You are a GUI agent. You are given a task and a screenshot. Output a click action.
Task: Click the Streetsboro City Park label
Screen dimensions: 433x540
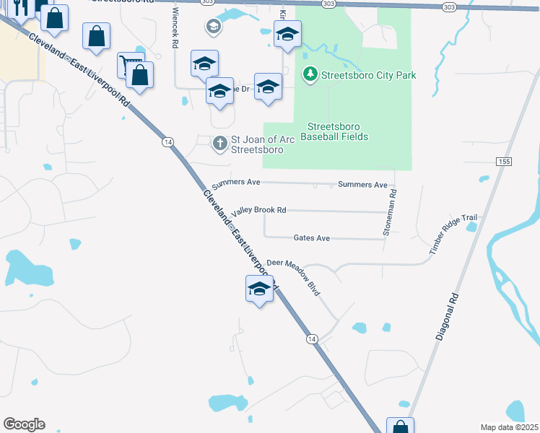(368, 75)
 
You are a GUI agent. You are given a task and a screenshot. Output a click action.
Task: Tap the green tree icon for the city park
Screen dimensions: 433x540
(310, 74)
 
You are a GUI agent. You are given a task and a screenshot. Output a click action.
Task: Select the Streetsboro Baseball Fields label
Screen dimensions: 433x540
(334, 131)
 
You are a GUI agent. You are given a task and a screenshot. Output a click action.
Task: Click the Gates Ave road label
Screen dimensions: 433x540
(311, 237)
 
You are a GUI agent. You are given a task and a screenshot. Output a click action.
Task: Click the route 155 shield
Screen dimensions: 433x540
(504, 161)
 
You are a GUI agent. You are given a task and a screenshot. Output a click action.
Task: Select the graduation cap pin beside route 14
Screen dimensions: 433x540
(258, 289)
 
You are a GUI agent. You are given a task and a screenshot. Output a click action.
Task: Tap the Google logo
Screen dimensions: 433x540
(24, 424)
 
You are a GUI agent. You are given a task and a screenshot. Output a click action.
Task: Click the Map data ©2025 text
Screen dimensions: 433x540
(509, 427)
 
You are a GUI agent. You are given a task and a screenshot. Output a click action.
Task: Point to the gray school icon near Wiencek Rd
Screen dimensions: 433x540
(213, 27)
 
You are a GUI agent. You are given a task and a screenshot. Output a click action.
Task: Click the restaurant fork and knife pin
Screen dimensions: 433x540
(20, 7)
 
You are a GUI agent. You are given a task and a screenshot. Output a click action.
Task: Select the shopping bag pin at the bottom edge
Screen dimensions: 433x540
(399, 427)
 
